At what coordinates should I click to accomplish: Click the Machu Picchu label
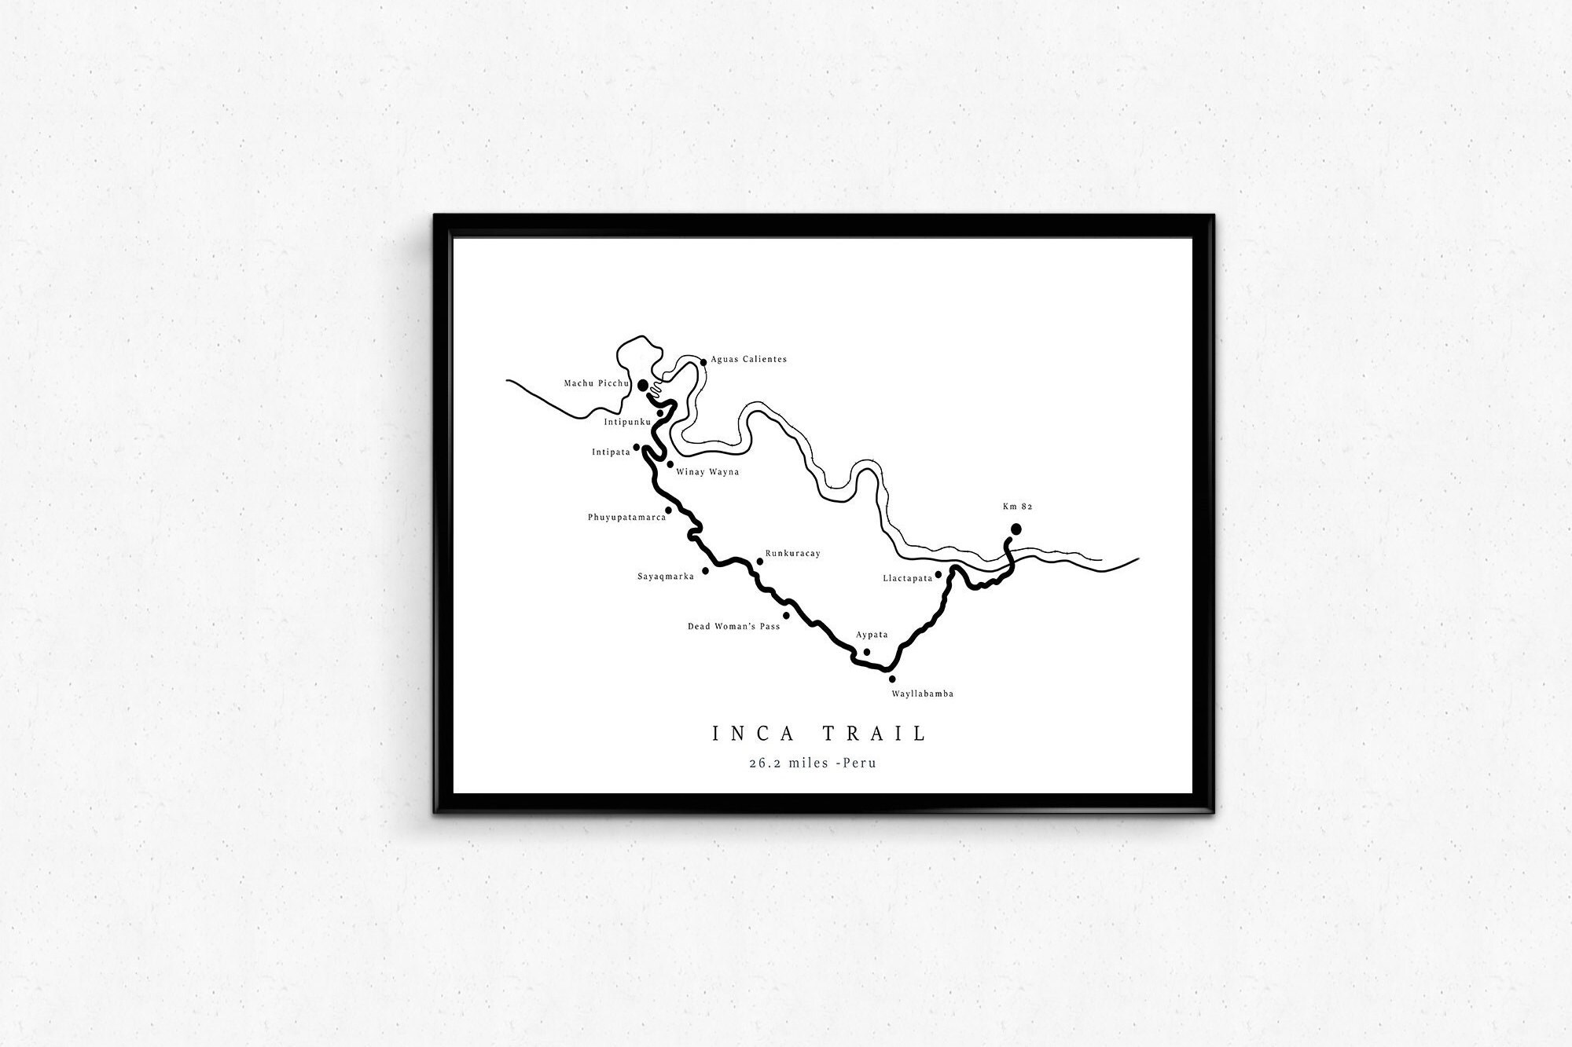(597, 383)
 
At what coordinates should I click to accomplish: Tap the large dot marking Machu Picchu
(643, 385)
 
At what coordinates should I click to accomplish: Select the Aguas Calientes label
(748, 360)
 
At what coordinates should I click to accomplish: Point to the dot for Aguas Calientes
(703, 362)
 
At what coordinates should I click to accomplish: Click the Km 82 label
(1017, 507)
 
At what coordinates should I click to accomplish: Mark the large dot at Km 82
(1016, 529)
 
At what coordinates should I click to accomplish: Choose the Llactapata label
(907, 578)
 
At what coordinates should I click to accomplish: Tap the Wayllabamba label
(922, 694)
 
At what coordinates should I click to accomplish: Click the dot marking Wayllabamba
(892, 679)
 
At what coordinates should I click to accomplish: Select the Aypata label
(872, 635)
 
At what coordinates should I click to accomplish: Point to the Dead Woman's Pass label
(733, 627)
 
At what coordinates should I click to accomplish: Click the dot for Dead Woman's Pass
(786, 615)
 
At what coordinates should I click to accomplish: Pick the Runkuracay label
(792, 554)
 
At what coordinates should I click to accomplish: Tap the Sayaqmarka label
(665, 577)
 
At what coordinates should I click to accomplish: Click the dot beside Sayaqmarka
(705, 571)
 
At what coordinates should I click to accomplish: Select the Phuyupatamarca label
(626, 518)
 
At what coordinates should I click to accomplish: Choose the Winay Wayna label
(707, 472)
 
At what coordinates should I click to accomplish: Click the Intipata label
(611, 452)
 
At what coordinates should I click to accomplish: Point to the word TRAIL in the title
(875, 734)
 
